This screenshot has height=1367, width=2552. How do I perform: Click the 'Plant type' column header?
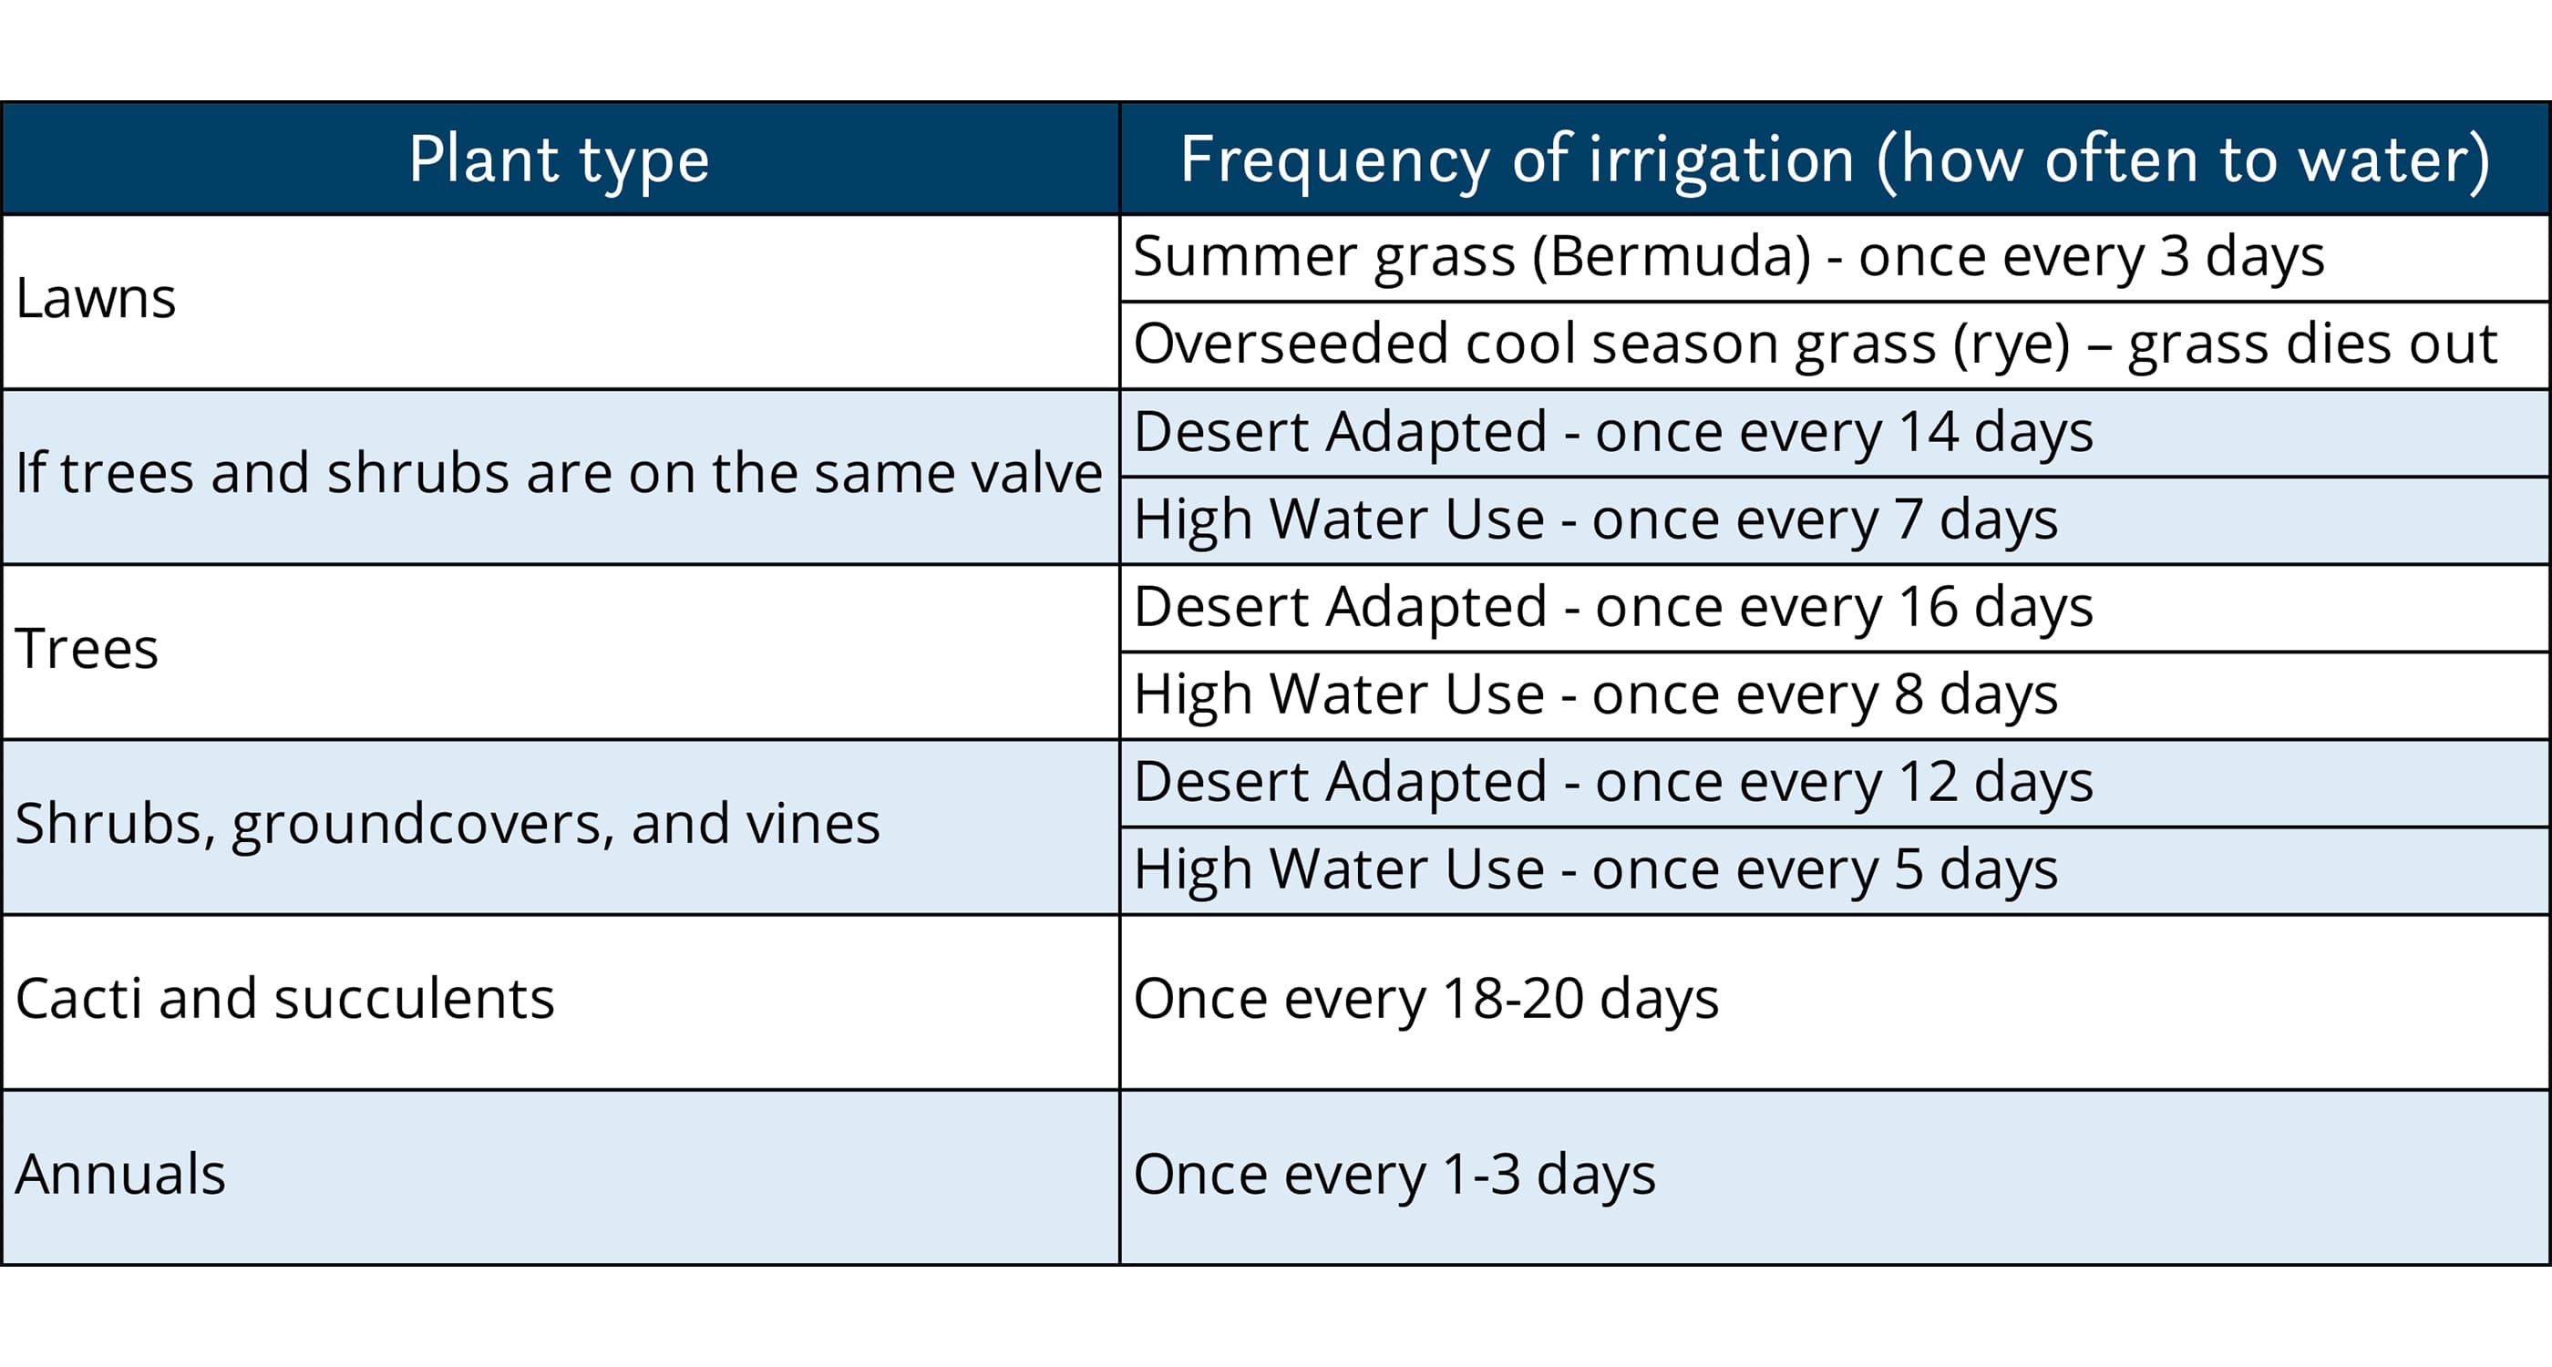point(560,160)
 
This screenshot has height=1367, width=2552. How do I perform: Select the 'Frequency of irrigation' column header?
point(1835,160)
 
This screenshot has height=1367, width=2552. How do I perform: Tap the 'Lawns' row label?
point(96,298)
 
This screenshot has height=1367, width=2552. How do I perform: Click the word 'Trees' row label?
point(87,649)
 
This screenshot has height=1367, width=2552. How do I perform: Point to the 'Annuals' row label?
point(121,1175)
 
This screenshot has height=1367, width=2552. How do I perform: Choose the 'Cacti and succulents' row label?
point(285,999)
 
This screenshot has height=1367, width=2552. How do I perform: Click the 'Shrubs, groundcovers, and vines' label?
point(448,824)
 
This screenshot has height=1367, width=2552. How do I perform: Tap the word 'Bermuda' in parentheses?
point(1672,257)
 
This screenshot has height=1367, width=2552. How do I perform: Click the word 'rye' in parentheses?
point(2012,344)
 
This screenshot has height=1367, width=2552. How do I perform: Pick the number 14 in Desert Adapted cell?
point(1928,432)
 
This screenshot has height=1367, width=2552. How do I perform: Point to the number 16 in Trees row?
point(1928,606)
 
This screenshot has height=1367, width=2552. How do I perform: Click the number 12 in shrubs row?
point(1928,782)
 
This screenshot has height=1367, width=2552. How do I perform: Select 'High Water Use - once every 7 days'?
point(1596,519)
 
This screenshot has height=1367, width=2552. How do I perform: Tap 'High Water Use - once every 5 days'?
point(1596,869)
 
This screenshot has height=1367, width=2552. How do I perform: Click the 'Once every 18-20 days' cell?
point(1426,999)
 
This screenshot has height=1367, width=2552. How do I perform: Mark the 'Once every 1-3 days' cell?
point(1394,1175)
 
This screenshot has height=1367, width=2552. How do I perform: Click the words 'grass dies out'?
point(2312,344)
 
